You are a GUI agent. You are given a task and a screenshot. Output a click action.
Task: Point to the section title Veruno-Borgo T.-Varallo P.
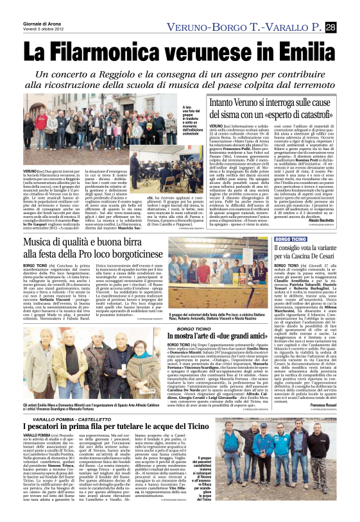coord(243,26)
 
